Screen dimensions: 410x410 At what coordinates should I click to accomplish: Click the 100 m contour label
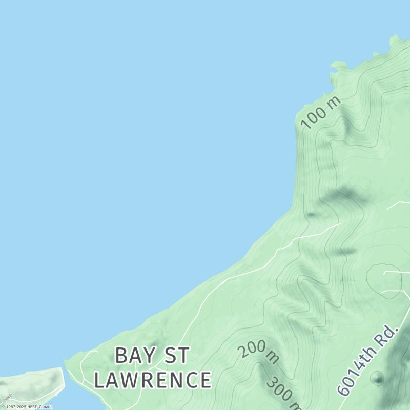(321, 112)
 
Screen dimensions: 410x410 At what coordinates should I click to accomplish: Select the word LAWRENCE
(153, 380)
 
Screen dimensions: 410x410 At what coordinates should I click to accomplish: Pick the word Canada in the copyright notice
(46, 407)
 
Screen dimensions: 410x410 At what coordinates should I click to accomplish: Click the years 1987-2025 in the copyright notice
(16, 407)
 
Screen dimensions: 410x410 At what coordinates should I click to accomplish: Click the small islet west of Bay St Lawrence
(33, 384)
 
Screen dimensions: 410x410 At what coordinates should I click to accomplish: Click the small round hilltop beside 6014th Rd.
(377, 379)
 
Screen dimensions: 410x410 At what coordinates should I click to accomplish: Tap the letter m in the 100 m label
(334, 101)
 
